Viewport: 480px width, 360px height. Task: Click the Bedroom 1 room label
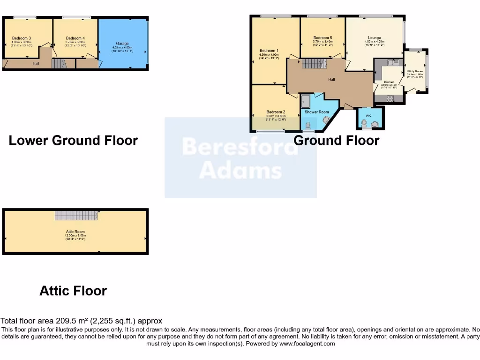(269, 51)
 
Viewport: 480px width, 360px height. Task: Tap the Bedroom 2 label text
(276, 112)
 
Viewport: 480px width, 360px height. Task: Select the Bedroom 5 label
(322, 37)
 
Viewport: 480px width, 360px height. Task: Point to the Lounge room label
(374, 37)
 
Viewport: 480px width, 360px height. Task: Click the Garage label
(122, 44)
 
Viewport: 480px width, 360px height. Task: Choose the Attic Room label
(75, 232)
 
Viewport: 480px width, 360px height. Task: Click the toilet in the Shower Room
(308, 126)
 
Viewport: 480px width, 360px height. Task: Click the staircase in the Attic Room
(76, 215)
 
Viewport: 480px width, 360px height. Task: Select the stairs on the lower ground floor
(58, 64)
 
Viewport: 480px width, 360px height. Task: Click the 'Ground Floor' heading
(336, 140)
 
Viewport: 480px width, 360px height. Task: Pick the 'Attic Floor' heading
(73, 291)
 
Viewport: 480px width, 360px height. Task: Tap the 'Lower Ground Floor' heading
(73, 140)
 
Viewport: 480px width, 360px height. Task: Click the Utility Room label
(415, 71)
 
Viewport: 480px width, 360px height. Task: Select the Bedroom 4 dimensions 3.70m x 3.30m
(75, 42)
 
